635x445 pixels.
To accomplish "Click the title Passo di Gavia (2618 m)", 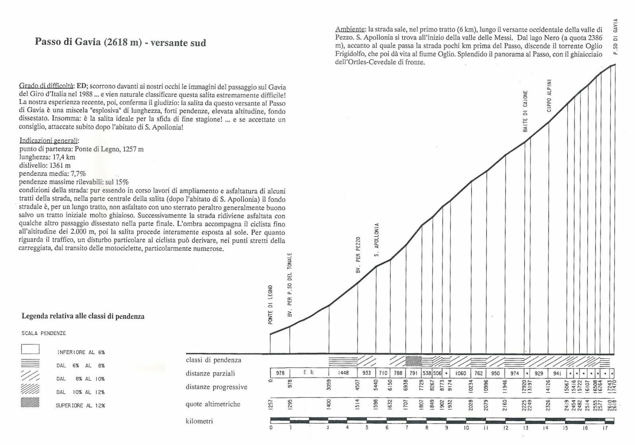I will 88,42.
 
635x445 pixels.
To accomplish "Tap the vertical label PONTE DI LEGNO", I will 271,304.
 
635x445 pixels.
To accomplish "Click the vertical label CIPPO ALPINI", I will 549,95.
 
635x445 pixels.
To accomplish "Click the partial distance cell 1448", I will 343,374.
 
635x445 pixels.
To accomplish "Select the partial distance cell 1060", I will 461,374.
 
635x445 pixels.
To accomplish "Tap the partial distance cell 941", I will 557,374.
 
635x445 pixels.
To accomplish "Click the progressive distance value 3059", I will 329,387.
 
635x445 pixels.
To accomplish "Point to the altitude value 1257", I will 271,405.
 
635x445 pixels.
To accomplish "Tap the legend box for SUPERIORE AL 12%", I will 31,403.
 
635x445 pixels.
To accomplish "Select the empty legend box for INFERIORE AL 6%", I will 31,349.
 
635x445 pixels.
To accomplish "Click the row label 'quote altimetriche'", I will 213,405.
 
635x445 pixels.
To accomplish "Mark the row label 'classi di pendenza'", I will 213,360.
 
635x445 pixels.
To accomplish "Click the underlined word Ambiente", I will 350,29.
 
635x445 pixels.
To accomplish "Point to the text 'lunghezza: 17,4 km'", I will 47,157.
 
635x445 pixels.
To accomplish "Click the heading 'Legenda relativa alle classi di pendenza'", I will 83,317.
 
